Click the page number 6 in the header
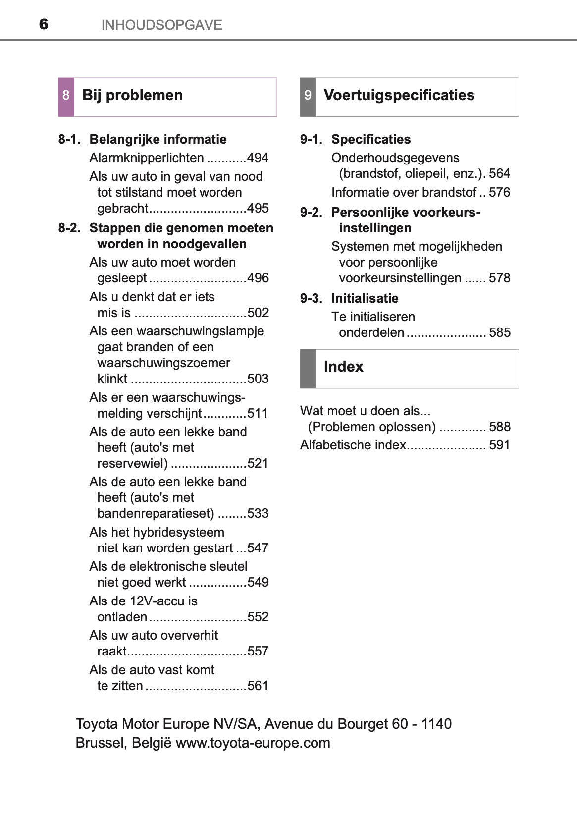coord(44,24)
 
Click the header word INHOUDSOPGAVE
coord(161,25)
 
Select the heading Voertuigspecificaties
coord(399,95)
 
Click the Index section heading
coord(343,367)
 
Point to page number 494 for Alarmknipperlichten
coord(258,158)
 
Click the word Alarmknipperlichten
coord(147,158)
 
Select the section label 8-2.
coord(69,228)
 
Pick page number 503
coord(258,379)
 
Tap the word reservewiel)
coord(133,464)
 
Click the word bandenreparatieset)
coord(156,514)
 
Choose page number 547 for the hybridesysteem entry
coord(258,548)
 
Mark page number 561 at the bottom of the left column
coord(258,686)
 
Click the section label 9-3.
coord(311,298)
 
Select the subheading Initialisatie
coord(365,298)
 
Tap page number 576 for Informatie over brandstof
coord(499,193)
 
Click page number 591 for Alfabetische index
coord(499,445)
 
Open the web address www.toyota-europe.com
coord(253,743)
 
